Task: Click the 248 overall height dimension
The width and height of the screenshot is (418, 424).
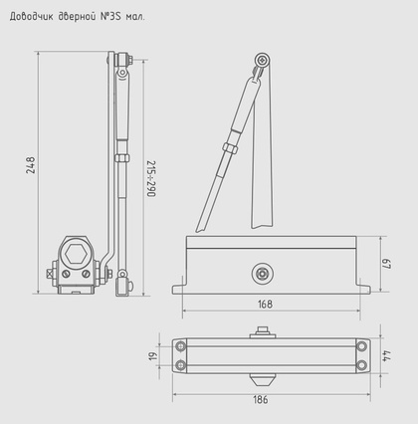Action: (31, 165)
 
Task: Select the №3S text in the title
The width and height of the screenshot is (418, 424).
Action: (112, 17)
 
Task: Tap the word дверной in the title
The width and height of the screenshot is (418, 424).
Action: (77, 17)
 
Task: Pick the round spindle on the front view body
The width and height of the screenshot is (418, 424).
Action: (262, 270)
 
